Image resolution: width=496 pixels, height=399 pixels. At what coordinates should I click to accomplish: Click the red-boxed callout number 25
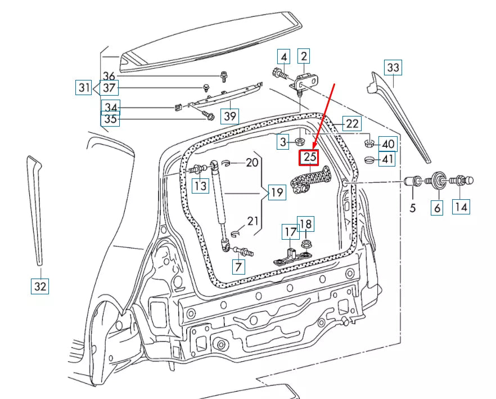click(310, 157)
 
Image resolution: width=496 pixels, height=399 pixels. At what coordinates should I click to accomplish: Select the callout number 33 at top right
click(393, 68)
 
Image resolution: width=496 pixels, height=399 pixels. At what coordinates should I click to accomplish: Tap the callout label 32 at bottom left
click(40, 286)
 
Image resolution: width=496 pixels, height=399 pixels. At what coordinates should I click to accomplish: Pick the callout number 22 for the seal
click(351, 124)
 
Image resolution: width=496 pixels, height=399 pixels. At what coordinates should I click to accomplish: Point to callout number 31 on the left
click(84, 88)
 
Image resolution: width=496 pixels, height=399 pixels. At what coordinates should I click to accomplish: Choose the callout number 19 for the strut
click(276, 193)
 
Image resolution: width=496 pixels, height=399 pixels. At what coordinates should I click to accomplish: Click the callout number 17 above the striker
click(290, 231)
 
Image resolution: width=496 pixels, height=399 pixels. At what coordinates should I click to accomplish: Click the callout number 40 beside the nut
click(387, 144)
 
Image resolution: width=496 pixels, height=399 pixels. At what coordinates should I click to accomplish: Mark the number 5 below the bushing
click(412, 208)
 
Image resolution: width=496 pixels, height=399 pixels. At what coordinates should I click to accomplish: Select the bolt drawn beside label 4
click(279, 73)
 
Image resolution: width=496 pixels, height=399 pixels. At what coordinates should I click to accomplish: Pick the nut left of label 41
click(369, 160)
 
